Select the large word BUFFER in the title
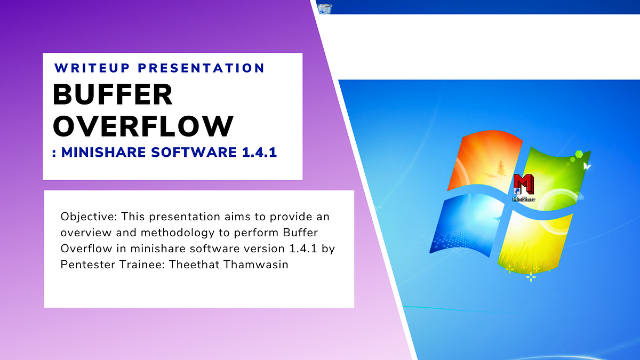click(113, 95)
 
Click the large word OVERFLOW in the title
click(143, 126)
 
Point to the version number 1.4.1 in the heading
click(258, 153)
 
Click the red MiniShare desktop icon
click(524, 185)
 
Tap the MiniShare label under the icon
click(524, 199)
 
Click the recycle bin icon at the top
click(324, 6)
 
